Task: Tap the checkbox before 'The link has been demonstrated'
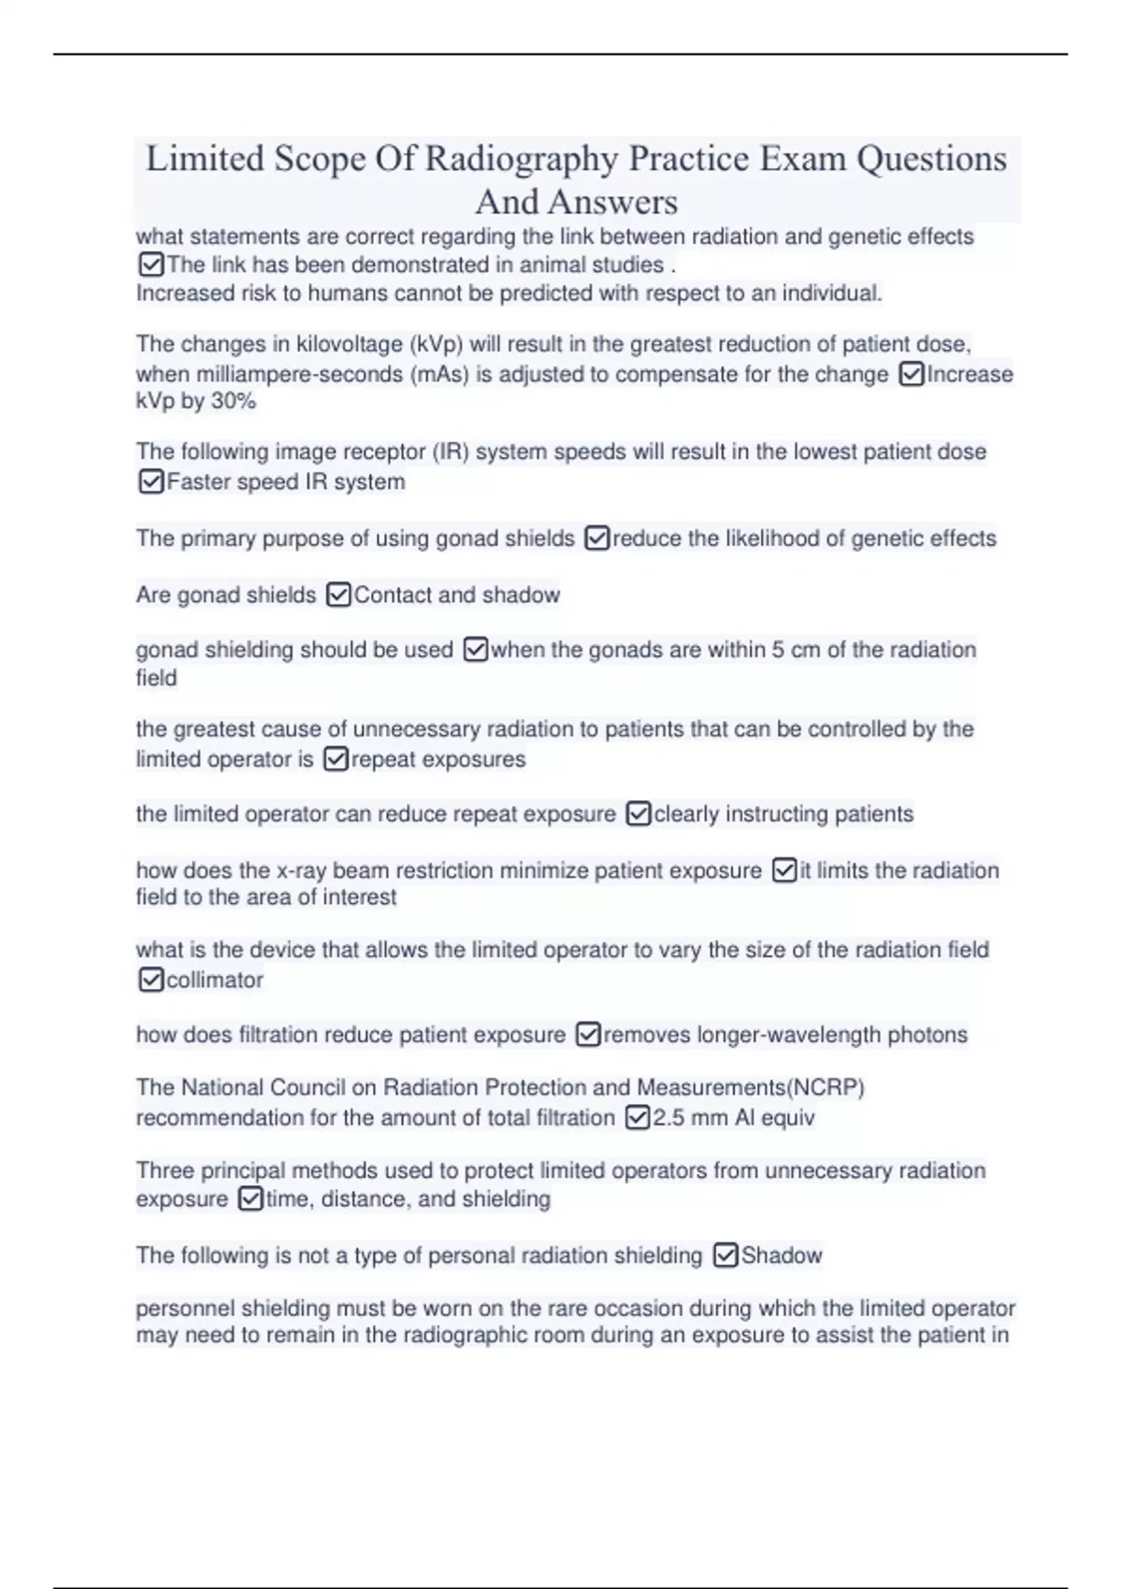coord(151,265)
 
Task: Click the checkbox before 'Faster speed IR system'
coord(151,481)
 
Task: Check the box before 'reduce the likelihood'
coord(597,538)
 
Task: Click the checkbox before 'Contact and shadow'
coord(338,594)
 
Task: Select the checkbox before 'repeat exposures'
coord(336,759)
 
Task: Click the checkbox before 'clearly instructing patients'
coord(638,814)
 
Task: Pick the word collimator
coord(214,980)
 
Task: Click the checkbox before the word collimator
coord(151,980)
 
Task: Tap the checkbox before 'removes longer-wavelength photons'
coord(588,1035)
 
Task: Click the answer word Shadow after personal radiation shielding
coord(782,1255)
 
